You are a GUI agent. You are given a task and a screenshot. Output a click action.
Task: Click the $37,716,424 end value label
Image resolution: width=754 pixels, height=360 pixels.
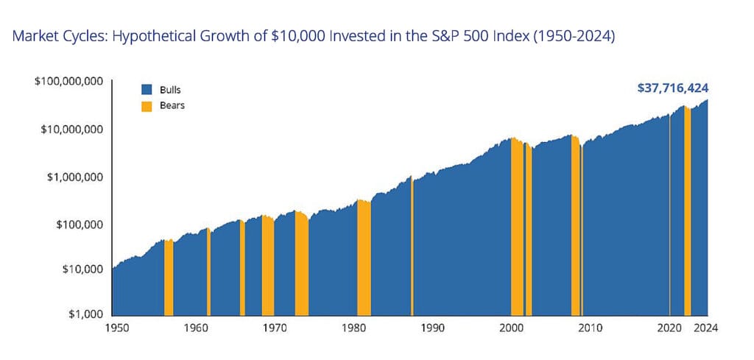673,88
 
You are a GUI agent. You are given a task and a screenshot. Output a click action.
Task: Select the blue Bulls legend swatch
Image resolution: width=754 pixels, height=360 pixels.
147,90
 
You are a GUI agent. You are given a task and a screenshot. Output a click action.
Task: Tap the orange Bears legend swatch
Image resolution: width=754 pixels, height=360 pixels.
147,106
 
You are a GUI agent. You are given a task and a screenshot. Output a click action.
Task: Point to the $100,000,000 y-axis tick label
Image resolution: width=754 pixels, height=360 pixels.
68,82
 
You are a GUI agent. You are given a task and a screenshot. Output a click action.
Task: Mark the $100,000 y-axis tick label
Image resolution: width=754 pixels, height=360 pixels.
77,224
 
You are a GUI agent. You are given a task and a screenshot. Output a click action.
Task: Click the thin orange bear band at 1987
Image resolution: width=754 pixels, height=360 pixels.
412,250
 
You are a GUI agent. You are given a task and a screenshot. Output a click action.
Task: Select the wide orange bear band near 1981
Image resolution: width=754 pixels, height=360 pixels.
364,258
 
